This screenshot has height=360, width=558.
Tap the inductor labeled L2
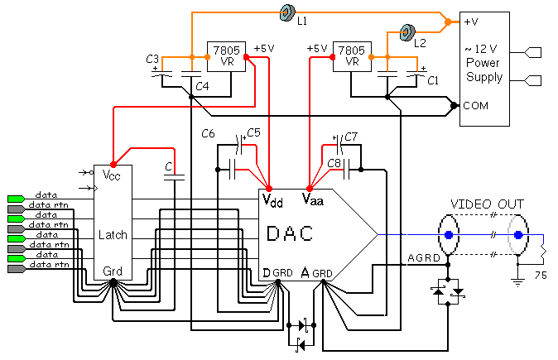point(406,33)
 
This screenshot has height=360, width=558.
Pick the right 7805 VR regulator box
point(350,55)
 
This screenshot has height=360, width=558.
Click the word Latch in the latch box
point(113,234)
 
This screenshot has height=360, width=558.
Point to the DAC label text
point(290,234)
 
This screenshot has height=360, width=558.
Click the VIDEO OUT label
point(485,204)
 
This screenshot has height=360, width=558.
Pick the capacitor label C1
point(432,80)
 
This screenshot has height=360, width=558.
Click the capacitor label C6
point(209,133)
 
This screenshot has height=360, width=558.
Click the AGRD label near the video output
point(423,257)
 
